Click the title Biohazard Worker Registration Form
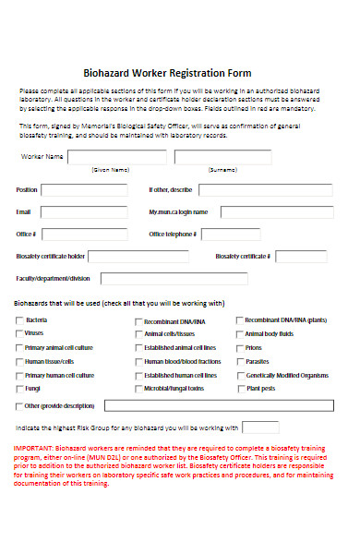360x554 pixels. tap(180, 73)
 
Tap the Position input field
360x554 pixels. tap(82, 189)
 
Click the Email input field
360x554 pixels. tap(82, 211)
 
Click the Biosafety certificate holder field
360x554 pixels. tap(148, 256)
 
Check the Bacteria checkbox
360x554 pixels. tap(19, 320)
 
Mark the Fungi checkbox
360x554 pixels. tap(19, 389)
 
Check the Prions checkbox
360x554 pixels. tap(240, 347)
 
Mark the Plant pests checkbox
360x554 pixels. tap(240, 389)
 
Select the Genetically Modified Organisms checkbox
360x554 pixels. tap(240, 375)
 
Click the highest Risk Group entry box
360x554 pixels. tap(260, 428)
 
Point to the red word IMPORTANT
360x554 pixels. tap(34, 449)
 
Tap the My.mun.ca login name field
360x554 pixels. tap(278, 211)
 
